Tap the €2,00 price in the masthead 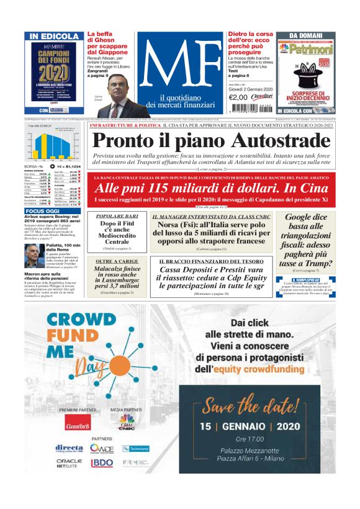coord(238,97)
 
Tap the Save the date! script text coord(272,407)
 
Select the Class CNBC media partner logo coord(127,424)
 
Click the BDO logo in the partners coord(102,463)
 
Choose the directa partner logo coord(69,448)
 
